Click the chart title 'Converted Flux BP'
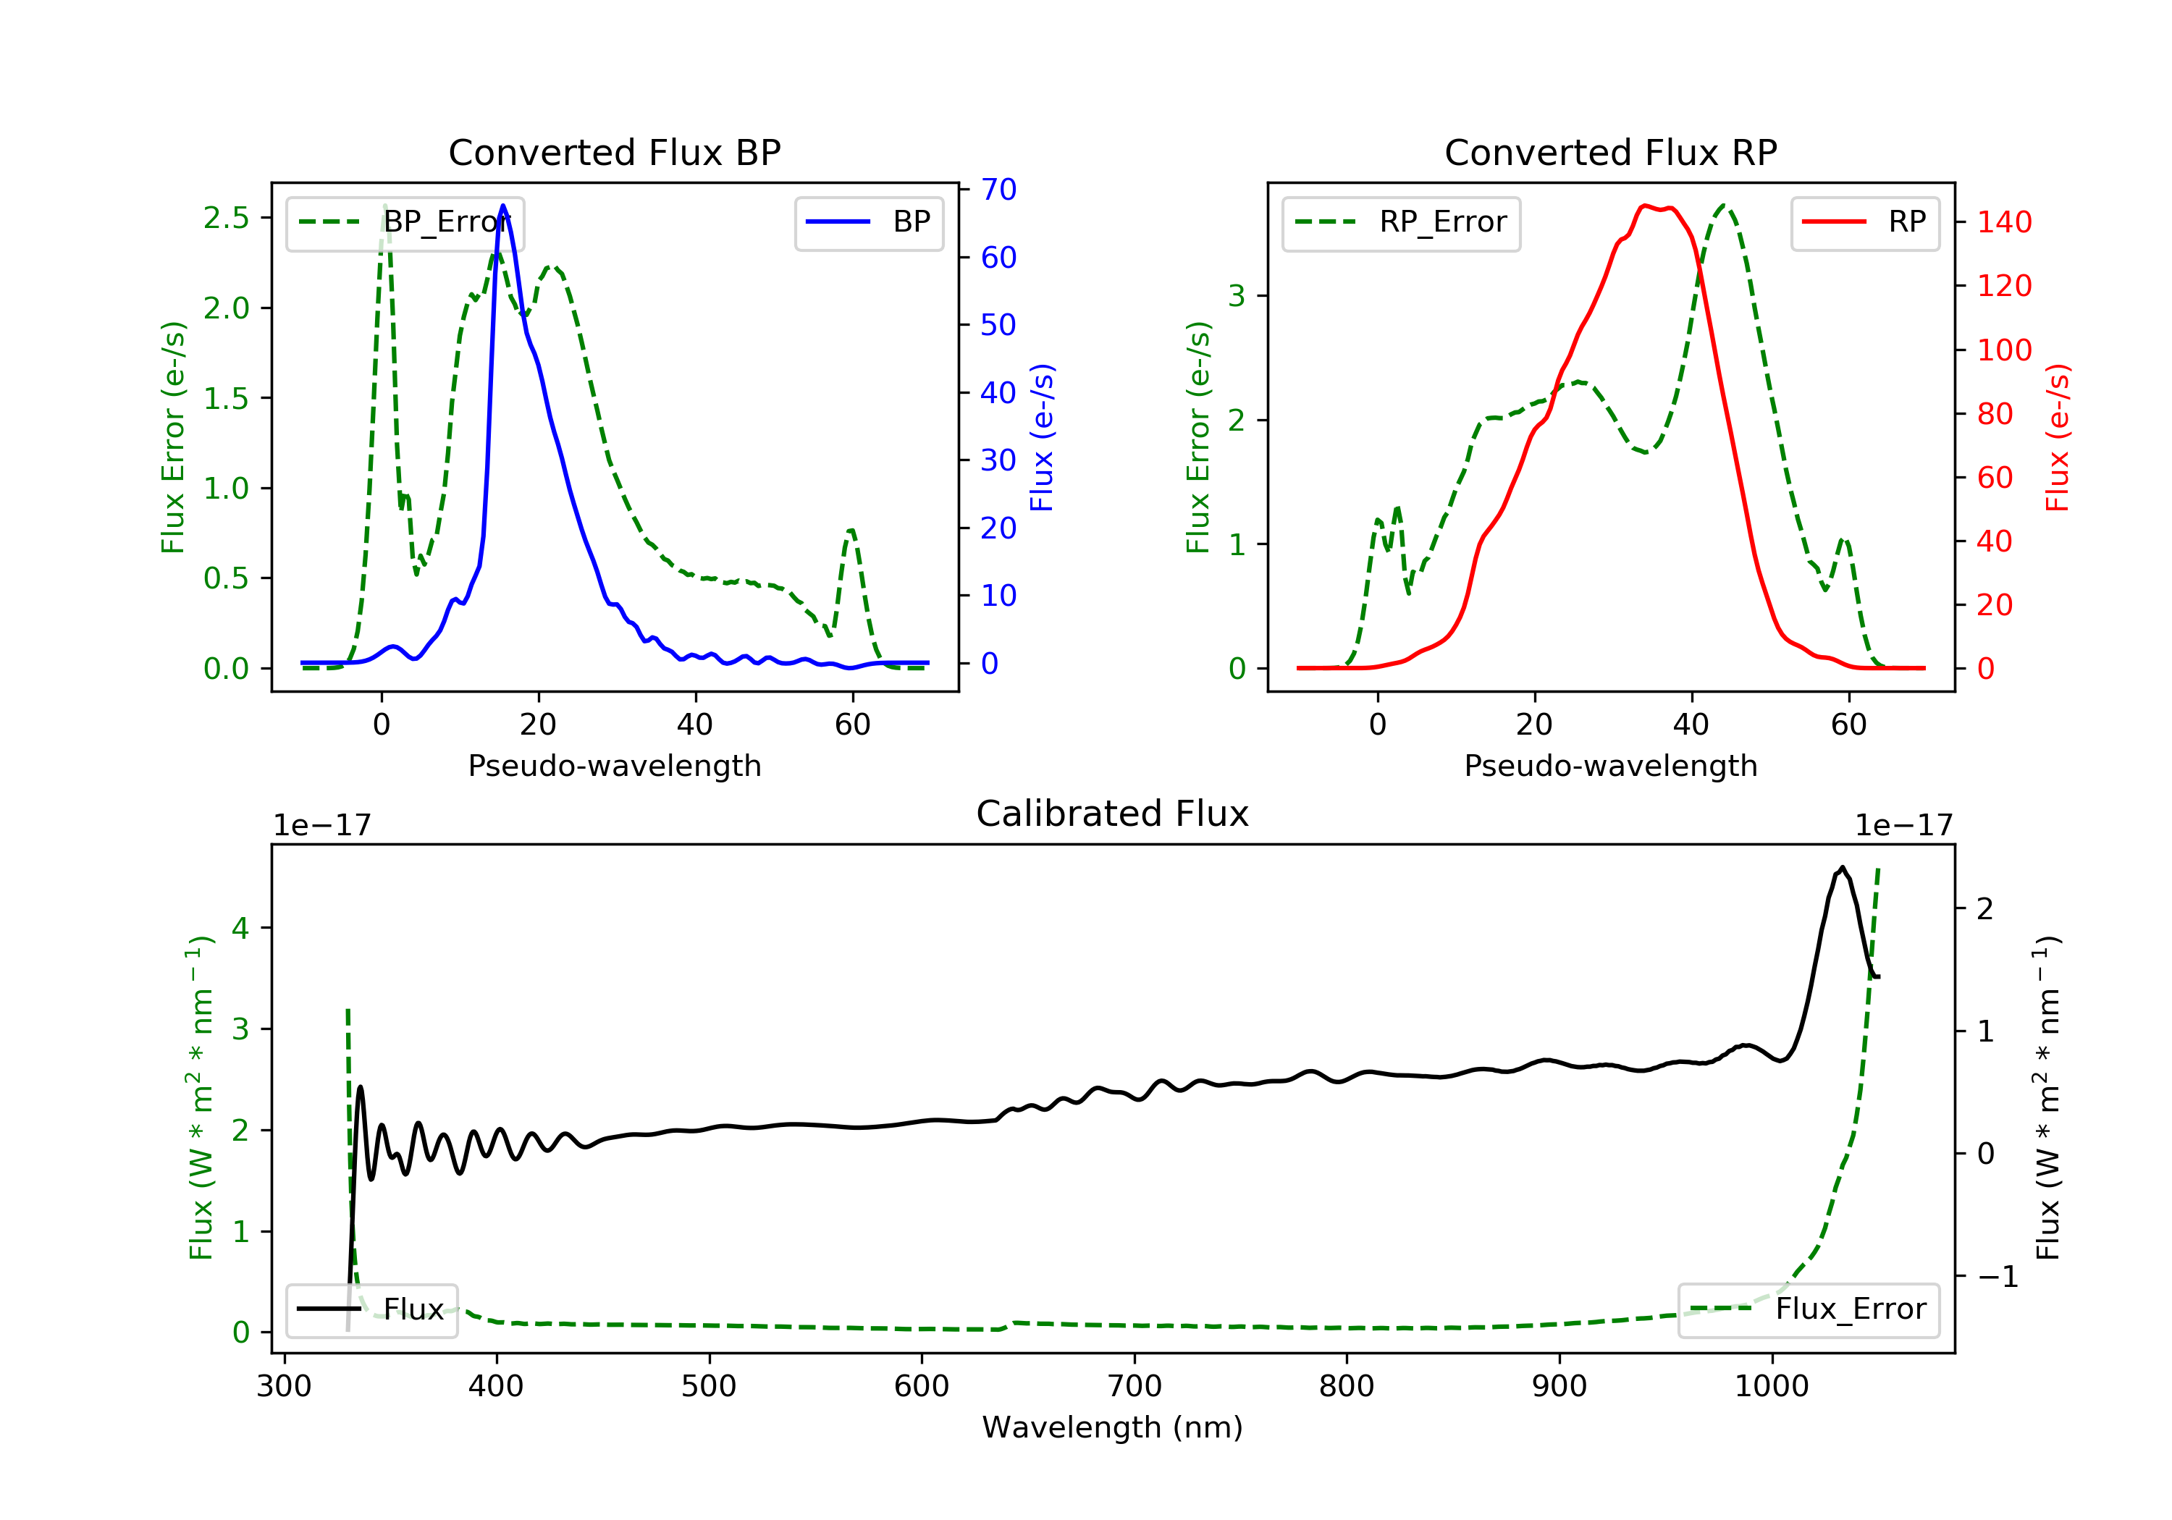click(x=614, y=152)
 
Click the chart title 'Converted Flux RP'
click(x=1610, y=152)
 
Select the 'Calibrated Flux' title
click(x=1113, y=814)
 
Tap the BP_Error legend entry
click(x=405, y=222)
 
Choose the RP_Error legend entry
click(x=1400, y=222)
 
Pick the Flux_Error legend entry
click(x=1808, y=1309)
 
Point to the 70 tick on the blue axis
click(x=998, y=189)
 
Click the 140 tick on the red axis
click(x=2003, y=222)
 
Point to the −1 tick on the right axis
click(x=1997, y=1277)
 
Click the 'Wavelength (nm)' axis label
click(x=1113, y=1427)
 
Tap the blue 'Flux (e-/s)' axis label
click(x=1042, y=437)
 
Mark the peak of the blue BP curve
click(x=503, y=206)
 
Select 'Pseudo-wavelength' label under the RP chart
click(x=1610, y=765)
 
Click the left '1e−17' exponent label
click(x=321, y=826)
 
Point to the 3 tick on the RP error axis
click(x=1237, y=296)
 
